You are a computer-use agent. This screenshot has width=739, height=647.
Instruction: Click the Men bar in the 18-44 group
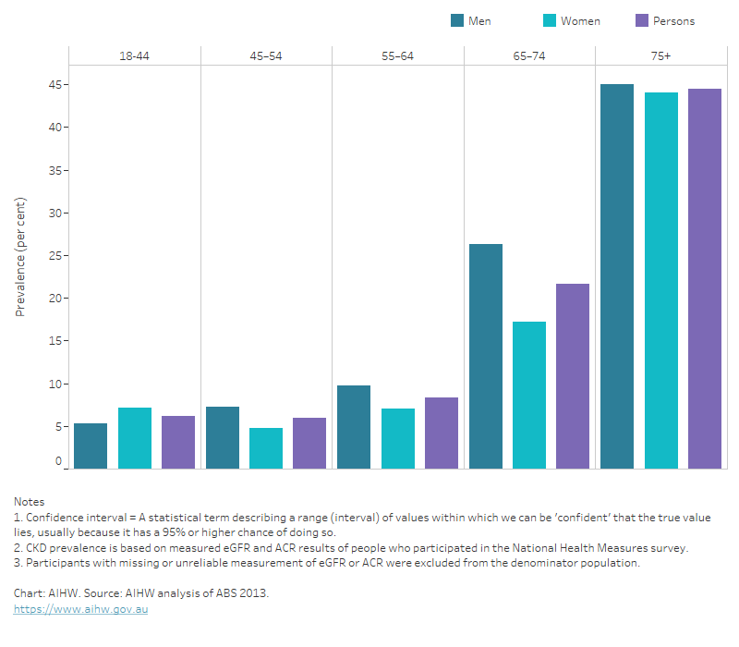[x=91, y=446]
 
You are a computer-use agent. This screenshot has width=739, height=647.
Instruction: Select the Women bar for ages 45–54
[x=266, y=448]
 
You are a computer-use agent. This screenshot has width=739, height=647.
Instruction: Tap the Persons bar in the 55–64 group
[x=441, y=433]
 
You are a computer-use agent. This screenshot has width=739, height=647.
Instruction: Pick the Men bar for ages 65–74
[x=486, y=356]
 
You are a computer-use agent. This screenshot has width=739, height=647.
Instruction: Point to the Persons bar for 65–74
[x=573, y=376]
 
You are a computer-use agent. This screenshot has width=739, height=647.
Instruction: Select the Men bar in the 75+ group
[x=617, y=276]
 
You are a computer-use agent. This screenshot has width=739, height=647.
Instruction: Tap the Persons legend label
[x=673, y=20]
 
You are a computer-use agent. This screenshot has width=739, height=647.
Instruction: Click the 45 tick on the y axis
[x=55, y=85]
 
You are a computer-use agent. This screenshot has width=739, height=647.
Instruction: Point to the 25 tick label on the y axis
[x=55, y=256]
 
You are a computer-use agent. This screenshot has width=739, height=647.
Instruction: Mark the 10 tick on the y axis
[x=55, y=384]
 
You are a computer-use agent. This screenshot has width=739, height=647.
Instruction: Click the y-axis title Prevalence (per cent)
[x=20, y=257]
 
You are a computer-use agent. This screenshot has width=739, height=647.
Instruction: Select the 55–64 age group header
[x=397, y=56]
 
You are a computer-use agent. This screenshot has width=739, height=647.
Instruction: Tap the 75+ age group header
[x=660, y=56]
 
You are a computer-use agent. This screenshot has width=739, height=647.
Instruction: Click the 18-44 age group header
[x=135, y=56]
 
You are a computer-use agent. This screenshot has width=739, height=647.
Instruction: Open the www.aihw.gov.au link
[x=80, y=610]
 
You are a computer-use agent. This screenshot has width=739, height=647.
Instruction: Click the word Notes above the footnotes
[x=29, y=501]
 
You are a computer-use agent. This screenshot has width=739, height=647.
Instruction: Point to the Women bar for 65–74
[x=529, y=395]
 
